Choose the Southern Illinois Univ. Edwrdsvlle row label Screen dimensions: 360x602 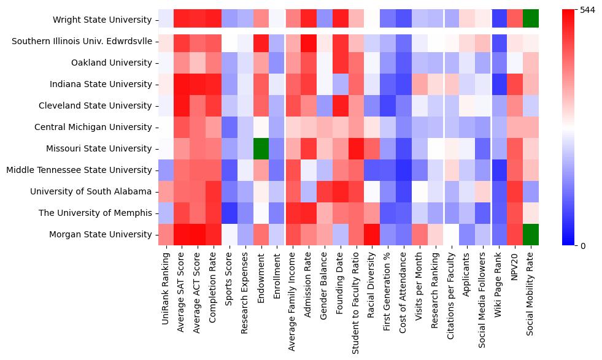(x=80, y=41)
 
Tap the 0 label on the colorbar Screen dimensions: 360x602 (x=582, y=246)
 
